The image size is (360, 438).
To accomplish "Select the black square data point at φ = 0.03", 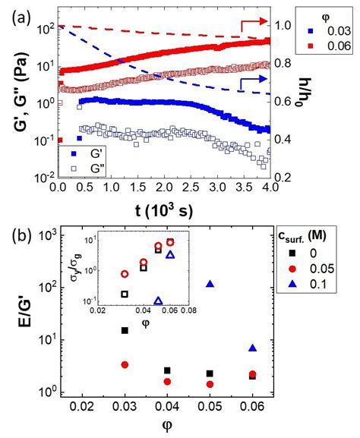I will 125,330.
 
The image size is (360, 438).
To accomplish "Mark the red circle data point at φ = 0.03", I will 125,365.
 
